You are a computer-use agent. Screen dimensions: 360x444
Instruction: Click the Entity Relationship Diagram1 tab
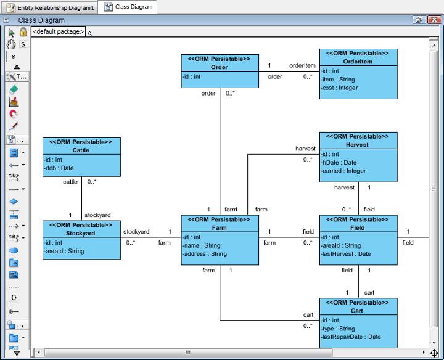pyautogui.click(x=51, y=7)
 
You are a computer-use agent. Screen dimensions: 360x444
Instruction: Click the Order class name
pyautogui.click(x=220, y=67)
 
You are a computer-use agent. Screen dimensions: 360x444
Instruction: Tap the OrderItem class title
pyautogui.click(x=358, y=62)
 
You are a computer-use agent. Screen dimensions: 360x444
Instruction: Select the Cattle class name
pyautogui.click(x=81, y=150)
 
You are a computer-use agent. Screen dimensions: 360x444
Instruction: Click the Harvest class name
pyautogui.click(x=358, y=145)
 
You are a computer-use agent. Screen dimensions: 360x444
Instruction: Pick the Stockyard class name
pyautogui.click(x=81, y=234)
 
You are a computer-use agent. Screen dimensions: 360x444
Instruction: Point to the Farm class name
pyautogui.click(x=220, y=227)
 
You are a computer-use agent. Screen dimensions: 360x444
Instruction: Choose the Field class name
pyautogui.click(x=358, y=227)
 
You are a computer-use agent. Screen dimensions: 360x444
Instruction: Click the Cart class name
pyautogui.click(x=358, y=311)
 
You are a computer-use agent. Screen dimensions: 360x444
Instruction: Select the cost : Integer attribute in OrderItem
pyautogui.click(x=340, y=88)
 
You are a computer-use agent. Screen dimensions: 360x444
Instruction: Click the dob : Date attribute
pyautogui.click(x=59, y=168)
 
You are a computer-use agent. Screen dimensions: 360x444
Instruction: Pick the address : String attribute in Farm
pyautogui.click(x=206, y=253)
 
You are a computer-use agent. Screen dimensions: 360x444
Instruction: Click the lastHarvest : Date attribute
pyautogui.click(x=347, y=253)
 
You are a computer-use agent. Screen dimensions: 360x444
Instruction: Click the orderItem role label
pyautogui.click(x=302, y=66)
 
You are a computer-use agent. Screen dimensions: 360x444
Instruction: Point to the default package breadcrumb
pyautogui.click(x=58, y=31)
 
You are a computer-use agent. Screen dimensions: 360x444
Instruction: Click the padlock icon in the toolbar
pyautogui.click(x=23, y=32)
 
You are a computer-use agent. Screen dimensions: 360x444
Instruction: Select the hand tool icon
pyautogui.click(x=11, y=44)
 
